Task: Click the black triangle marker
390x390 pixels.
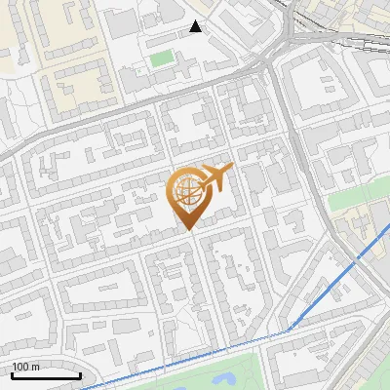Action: coord(196,26)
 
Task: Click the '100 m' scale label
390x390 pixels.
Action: coord(26,367)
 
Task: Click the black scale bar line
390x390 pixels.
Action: coord(46,376)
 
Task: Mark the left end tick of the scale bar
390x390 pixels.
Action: coord(12,375)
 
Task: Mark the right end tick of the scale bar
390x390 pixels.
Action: coord(80,375)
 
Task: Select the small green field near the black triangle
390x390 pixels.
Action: coord(161,59)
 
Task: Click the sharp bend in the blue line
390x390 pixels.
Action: coord(289,330)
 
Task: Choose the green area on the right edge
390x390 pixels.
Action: coord(361,200)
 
